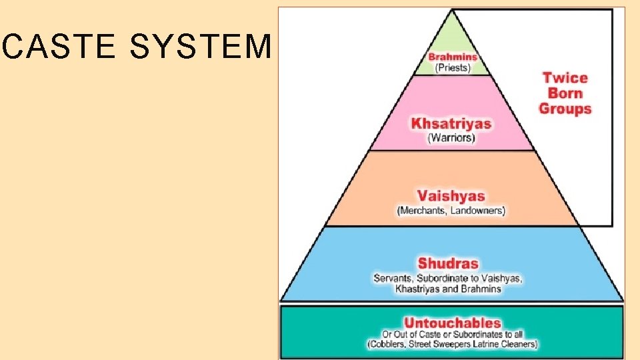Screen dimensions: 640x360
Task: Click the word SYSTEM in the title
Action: click(x=201, y=47)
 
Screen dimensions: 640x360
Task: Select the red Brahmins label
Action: click(x=453, y=57)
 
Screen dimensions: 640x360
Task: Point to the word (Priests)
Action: click(x=453, y=67)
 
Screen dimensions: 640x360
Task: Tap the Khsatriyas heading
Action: click(x=451, y=123)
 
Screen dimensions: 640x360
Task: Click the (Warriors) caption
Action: click(x=451, y=138)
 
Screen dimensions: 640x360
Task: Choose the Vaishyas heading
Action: click(x=451, y=196)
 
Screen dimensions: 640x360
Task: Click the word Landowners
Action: click(x=477, y=211)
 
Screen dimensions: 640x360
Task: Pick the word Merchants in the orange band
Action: click(x=423, y=211)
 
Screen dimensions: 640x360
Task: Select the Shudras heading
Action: click(x=448, y=263)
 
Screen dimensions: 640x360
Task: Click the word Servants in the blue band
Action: click(x=394, y=278)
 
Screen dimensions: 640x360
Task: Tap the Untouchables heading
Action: click(x=452, y=323)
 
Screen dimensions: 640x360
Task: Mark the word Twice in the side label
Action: click(x=565, y=78)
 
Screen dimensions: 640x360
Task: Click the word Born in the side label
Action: click(x=565, y=93)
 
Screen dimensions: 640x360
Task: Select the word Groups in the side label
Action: click(x=565, y=108)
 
